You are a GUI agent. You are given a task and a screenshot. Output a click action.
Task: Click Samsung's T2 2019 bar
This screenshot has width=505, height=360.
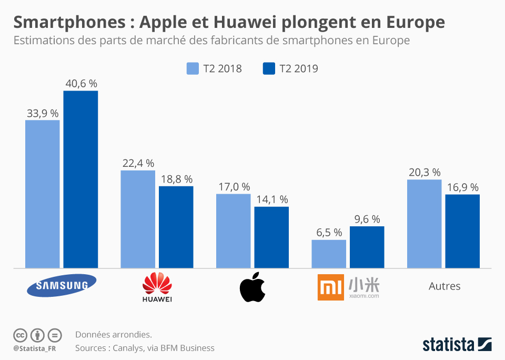80,179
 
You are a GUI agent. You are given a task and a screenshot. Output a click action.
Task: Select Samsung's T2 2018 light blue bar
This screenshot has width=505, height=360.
43,194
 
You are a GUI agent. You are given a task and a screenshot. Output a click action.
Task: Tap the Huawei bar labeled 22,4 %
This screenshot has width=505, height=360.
138,219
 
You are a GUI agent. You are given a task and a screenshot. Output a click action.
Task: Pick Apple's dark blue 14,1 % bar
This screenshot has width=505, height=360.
271,237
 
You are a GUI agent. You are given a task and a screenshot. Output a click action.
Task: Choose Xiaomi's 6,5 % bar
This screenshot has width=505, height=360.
329,254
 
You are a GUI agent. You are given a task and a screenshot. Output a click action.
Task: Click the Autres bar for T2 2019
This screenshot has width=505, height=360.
462,231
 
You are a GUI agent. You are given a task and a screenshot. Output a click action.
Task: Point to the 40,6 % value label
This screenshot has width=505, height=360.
81,84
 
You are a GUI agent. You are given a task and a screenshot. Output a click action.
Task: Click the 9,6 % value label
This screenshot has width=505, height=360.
367,219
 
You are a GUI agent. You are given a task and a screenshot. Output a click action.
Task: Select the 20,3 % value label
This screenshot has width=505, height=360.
424,173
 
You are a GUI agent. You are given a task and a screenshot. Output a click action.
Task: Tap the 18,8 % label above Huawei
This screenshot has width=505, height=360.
176,179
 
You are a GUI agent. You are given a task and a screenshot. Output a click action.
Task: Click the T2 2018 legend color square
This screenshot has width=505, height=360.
193,68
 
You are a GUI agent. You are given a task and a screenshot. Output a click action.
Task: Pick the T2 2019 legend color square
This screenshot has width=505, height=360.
269,68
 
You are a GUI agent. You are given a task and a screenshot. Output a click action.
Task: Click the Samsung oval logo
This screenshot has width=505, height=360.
62,286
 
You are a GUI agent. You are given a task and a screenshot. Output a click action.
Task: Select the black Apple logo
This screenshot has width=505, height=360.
252,287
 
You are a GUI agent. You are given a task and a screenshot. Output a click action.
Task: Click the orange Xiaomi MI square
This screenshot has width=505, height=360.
331,288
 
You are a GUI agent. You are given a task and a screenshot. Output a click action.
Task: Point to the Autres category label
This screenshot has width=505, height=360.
445,286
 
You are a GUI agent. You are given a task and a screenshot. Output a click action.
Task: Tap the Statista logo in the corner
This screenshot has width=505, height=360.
457,345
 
